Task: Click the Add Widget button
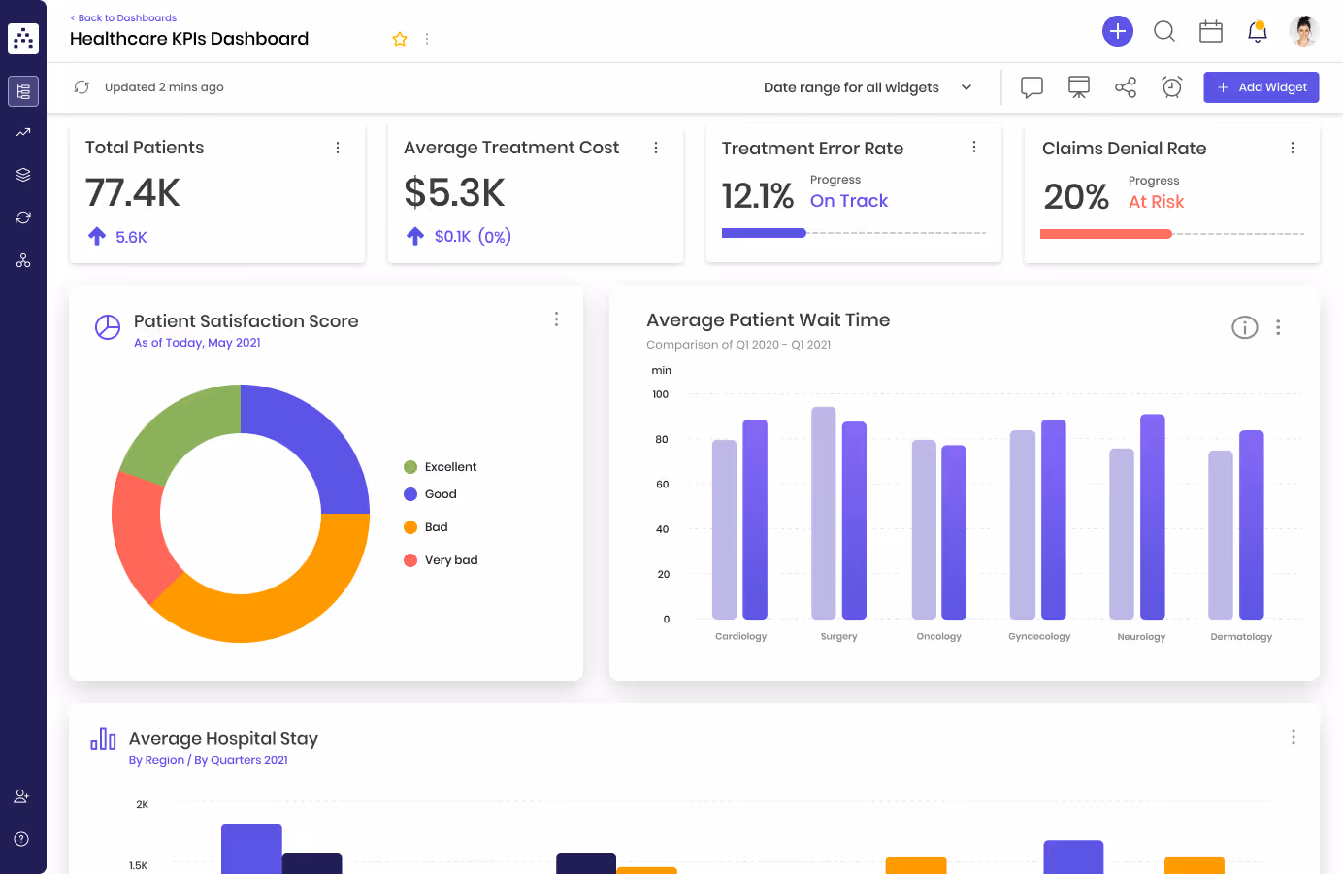point(1261,87)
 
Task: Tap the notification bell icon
point(1257,31)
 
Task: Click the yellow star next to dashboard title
point(400,39)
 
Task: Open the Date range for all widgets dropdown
point(867,87)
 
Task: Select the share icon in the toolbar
point(1125,87)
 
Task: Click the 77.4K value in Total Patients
point(133,192)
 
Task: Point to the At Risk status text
point(1156,202)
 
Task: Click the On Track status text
point(849,201)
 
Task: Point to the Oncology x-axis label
point(938,637)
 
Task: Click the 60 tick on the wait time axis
point(663,485)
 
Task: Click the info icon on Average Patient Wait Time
point(1244,327)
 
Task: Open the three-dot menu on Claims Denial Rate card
point(1292,148)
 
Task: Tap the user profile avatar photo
point(1303,31)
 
